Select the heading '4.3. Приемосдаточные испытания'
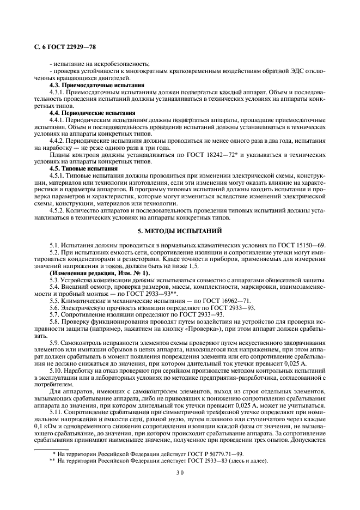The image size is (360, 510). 97,85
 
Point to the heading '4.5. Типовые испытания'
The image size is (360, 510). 83,169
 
